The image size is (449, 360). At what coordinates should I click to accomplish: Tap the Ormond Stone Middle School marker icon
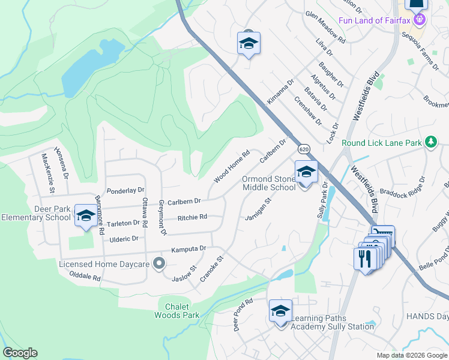tap(306, 172)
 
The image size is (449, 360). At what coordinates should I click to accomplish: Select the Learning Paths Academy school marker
tap(280, 311)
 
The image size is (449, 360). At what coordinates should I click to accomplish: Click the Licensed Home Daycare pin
tap(159, 263)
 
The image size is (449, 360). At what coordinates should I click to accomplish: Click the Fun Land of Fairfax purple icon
tap(420, 20)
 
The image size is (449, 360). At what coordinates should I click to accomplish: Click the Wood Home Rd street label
tap(231, 166)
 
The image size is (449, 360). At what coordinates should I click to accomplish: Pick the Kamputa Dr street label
tap(188, 248)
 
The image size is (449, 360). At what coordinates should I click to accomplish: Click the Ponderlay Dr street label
tap(126, 190)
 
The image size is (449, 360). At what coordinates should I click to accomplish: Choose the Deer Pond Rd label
tap(243, 316)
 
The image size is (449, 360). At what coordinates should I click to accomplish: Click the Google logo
tap(20, 353)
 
